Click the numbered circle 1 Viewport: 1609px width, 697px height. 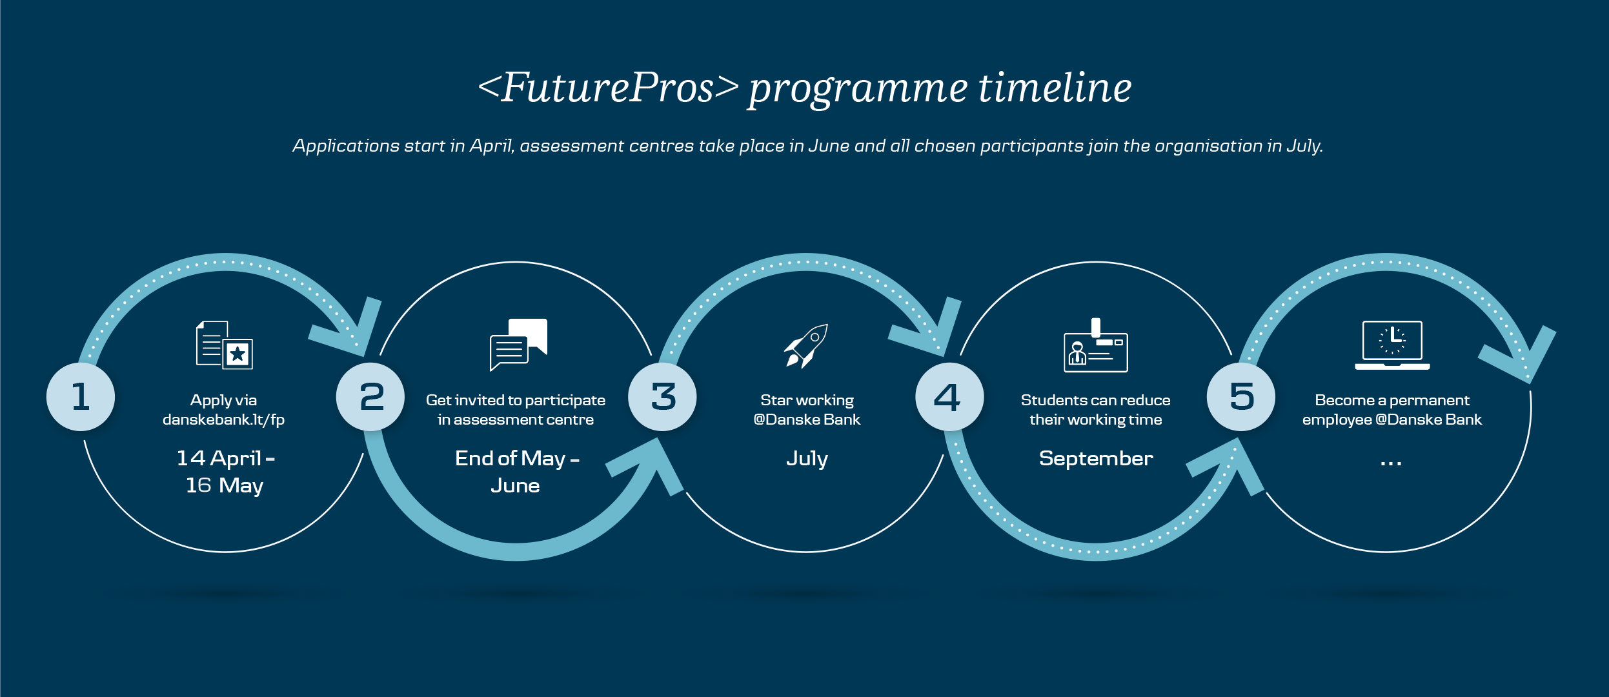(81, 396)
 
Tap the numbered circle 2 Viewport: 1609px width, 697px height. (370, 396)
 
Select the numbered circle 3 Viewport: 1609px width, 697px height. (662, 396)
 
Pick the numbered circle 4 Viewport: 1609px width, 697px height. (949, 396)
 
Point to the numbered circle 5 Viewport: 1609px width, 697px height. (1241, 396)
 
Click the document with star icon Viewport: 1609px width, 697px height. (225, 345)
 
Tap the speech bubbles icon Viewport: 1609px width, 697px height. (518, 345)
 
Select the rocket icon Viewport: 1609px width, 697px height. (806, 346)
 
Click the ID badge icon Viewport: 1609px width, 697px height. (1096, 345)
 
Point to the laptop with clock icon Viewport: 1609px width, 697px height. (1392, 345)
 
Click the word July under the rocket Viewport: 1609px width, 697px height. (807, 460)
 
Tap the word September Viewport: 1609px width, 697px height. (1096, 459)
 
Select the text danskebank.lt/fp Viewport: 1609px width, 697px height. (223, 420)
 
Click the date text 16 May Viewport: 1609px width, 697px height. (225, 486)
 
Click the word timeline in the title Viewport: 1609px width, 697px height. (1055, 88)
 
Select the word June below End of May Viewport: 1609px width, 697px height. (515, 485)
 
